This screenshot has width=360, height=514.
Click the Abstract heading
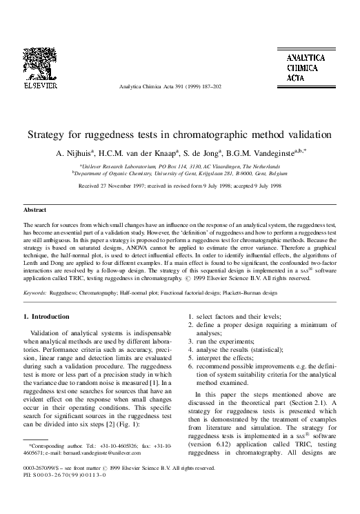coord(35,209)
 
